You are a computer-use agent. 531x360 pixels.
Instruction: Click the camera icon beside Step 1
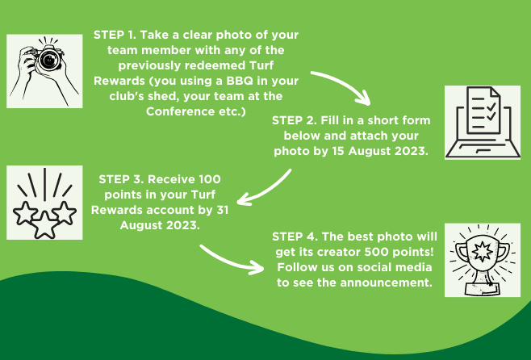point(44,71)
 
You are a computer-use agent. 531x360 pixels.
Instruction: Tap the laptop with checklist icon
point(483,122)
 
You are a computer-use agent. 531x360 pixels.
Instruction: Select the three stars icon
point(44,203)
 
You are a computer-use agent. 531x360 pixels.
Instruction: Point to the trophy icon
point(483,260)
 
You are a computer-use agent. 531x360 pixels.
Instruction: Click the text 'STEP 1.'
point(115,35)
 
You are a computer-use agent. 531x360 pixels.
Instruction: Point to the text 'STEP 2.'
point(295,120)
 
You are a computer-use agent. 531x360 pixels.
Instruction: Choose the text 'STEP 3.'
point(121,179)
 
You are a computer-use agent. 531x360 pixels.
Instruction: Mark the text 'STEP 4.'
point(295,237)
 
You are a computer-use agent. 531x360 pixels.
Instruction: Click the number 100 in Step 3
point(210,179)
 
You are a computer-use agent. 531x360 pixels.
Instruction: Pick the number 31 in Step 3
point(223,210)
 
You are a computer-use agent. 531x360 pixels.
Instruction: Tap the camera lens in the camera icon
point(49,60)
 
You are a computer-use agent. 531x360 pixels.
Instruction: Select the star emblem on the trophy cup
point(482,252)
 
